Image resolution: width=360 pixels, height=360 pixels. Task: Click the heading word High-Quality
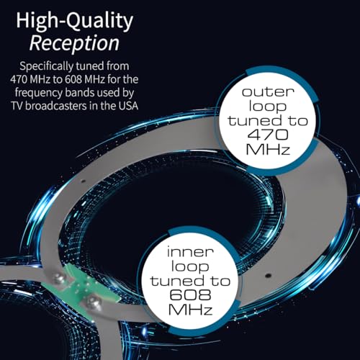coord(74,22)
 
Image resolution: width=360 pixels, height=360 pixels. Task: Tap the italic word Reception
coord(74,43)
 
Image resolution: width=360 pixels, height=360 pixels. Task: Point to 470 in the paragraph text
coord(19,79)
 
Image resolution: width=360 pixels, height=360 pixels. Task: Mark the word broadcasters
coord(56,106)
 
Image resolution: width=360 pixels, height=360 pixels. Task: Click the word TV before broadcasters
coord(17,106)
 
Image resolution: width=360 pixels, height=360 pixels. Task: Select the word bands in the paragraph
coord(79,93)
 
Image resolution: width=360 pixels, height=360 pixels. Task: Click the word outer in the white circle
coord(268,92)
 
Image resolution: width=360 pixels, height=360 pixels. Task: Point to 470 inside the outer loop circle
coord(268,135)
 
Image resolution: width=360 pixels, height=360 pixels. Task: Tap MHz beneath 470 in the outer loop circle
coord(268,150)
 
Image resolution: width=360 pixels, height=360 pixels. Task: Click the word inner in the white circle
coord(190,252)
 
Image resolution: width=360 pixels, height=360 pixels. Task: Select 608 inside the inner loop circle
coord(190,295)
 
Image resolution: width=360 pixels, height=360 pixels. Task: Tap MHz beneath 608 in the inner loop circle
coord(190,310)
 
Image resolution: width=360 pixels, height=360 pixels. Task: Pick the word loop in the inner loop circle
coord(190,267)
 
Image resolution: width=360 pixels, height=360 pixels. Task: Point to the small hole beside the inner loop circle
coord(269,276)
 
